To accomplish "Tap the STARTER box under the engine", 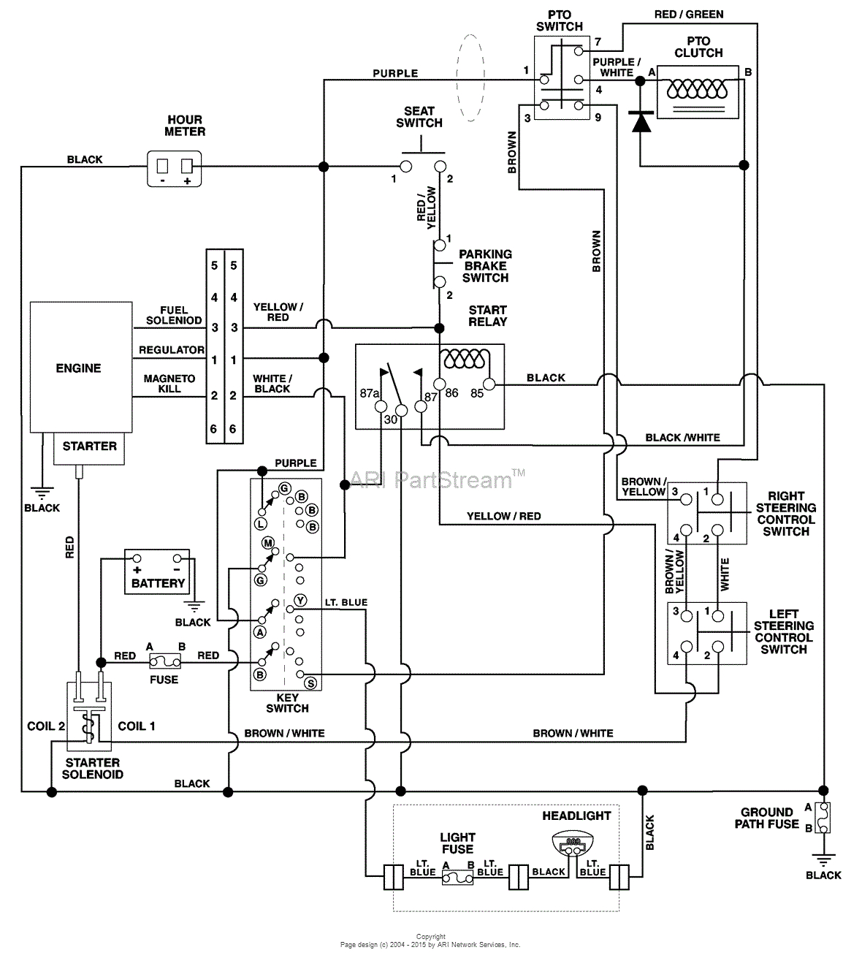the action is point(89,446).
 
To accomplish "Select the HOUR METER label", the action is point(185,126).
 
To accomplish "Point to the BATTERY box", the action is point(157,572).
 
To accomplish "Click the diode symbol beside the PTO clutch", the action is point(641,121).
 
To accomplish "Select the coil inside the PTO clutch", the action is point(698,89).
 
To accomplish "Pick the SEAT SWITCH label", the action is point(419,117).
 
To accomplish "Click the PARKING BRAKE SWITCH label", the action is point(485,266).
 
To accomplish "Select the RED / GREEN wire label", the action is point(689,14).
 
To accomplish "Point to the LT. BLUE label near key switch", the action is point(346,602).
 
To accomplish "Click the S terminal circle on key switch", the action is point(310,683).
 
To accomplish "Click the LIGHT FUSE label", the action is point(457,843).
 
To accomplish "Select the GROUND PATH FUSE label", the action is point(766,818).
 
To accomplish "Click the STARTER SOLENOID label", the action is point(92,768).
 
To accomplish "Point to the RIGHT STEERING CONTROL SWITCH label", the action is point(785,513).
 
